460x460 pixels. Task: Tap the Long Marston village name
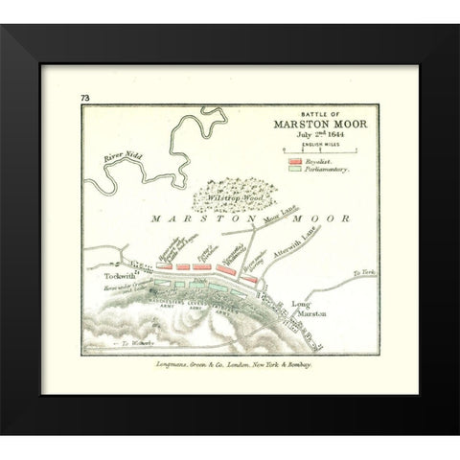coord(294,310)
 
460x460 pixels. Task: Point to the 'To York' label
coord(361,273)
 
